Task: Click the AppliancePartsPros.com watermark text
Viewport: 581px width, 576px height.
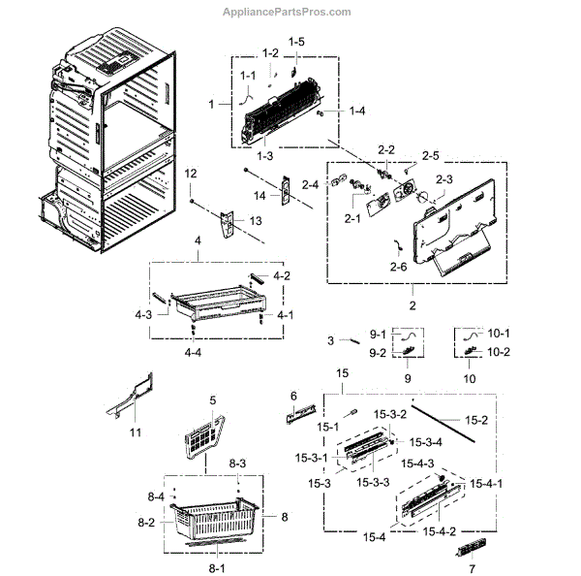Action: pos(491,12)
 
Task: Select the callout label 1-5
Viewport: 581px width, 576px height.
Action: pos(295,42)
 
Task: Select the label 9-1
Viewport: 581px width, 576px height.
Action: pos(377,334)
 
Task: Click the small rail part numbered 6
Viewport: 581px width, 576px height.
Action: pos(298,416)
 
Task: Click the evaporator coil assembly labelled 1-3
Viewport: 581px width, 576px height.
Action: pos(281,121)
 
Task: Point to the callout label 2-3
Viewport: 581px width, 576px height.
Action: pos(444,179)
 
